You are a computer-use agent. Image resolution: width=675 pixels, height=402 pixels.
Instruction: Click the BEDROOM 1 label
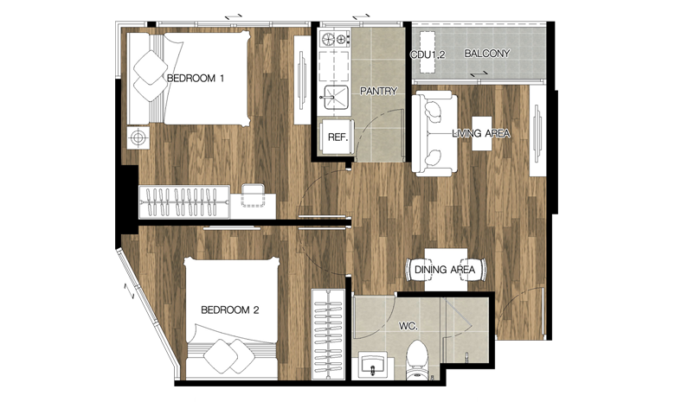click(x=196, y=79)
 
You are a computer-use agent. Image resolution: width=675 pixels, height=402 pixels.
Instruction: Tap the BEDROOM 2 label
click(x=230, y=309)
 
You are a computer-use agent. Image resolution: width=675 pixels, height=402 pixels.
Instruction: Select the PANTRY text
click(x=378, y=91)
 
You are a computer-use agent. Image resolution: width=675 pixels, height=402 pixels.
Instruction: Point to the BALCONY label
click(x=487, y=54)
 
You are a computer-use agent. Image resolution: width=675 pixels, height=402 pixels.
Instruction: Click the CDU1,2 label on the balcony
click(x=427, y=54)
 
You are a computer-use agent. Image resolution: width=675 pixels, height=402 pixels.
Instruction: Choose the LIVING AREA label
click(x=481, y=133)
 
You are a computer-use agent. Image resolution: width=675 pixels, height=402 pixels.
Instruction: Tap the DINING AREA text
click(x=445, y=270)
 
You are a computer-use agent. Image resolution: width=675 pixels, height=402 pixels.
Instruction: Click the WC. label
click(x=408, y=326)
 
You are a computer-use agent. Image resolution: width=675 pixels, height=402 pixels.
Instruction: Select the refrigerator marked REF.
click(x=337, y=137)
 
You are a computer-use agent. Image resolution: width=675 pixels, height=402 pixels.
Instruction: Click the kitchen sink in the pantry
click(x=337, y=98)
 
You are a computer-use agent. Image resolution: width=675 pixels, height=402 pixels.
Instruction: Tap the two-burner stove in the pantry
click(x=335, y=39)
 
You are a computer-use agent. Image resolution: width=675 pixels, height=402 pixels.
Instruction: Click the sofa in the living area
click(x=434, y=133)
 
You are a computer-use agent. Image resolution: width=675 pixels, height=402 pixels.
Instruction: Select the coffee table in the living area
click(x=482, y=133)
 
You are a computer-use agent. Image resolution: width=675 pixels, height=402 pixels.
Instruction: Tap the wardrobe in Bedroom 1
click(x=184, y=201)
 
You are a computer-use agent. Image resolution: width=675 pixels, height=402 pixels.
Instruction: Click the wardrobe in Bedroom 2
click(x=329, y=335)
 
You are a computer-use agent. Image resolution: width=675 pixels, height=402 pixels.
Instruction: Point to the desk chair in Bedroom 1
click(x=253, y=195)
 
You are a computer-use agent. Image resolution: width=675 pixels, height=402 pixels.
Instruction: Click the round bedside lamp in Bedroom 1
click(x=138, y=137)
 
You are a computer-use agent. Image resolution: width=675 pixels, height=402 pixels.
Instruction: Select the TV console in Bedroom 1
click(x=302, y=80)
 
